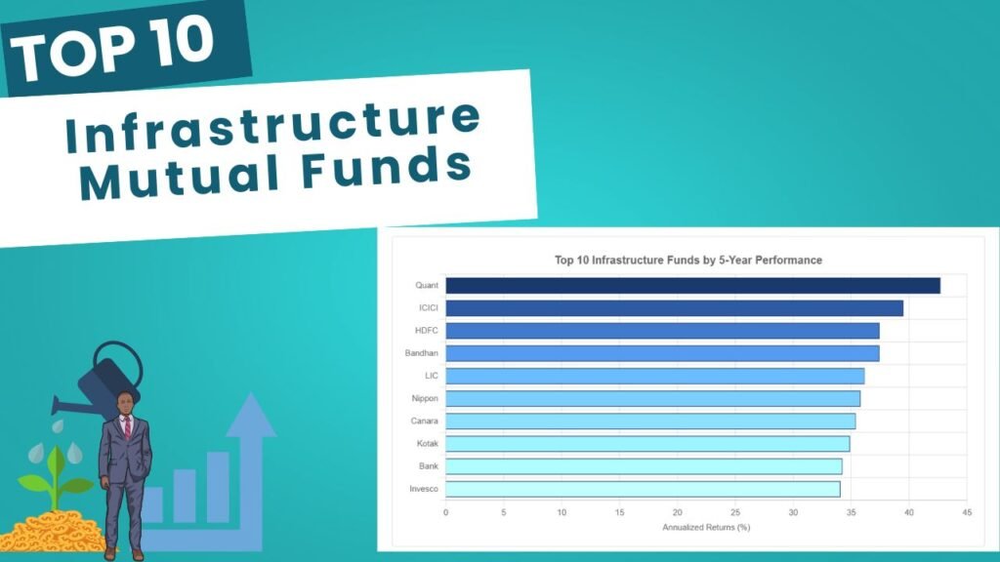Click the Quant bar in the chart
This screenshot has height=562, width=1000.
pyautogui.click(x=692, y=286)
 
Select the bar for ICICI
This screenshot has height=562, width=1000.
pyautogui.click(x=674, y=308)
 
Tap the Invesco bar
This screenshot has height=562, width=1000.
pyautogui.click(x=643, y=490)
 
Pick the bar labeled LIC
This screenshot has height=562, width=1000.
pyautogui.click(x=655, y=376)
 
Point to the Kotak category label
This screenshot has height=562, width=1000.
pyautogui.click(x=428, y=444)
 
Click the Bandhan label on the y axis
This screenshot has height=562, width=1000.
pyautogui.click(x=422, y=353)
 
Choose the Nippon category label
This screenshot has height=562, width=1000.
pyautogui.click(x=425, y=398)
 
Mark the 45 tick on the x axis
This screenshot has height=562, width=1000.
pyautogui.click(x=967, y=512)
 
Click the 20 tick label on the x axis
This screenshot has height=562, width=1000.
pyautogui.click(x=678, y=512)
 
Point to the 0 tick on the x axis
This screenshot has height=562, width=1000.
pyautogui.click(x=445, y=512)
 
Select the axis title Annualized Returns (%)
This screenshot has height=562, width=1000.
pyautogui.click(x=706, y=528)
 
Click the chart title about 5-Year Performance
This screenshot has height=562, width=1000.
pyautogui.click(x=688, y=260)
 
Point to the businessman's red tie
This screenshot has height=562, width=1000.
pyautogui.click(x=128, y=427)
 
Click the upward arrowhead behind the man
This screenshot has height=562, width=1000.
pyautogui.click(x=251, y=415)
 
